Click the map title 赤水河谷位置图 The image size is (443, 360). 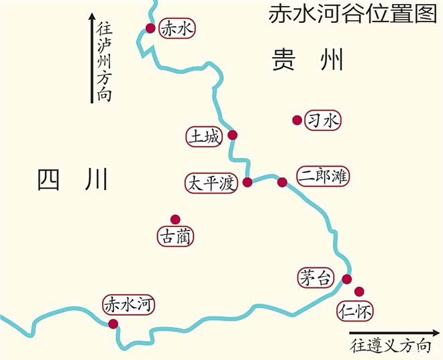click(x=352, y=14)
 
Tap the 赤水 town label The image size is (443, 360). click(x=177, y=29)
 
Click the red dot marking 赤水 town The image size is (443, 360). click(x=150, y=28)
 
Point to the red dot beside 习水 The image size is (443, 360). click(x=297, y=120)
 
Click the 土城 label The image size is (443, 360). click(x=204, y=136)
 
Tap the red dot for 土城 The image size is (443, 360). click(x=232, y=135)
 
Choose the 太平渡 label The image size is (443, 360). click(x=212, y=183)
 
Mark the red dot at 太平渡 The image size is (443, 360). click(x=248, y=182)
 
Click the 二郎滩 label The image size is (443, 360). click(x=323, y=176)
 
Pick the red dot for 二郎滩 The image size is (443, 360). click(x=282, y=181)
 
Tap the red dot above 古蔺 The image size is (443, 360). click(x=175, y=219)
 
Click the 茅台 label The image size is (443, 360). click(x=315, y=277)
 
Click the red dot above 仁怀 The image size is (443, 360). click(x=359, y=291)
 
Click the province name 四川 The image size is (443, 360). click(x=72, y=180)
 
